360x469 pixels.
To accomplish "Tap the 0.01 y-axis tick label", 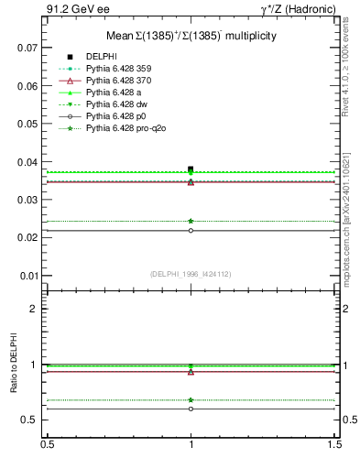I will [27, 276].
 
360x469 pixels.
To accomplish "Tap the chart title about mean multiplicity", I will [191, 35].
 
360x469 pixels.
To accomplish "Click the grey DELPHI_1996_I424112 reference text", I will [190, 273].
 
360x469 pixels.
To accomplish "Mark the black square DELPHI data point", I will [191, 169].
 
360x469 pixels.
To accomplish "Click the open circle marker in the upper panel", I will [191, 230].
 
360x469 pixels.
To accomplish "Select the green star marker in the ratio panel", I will [191, 399].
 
